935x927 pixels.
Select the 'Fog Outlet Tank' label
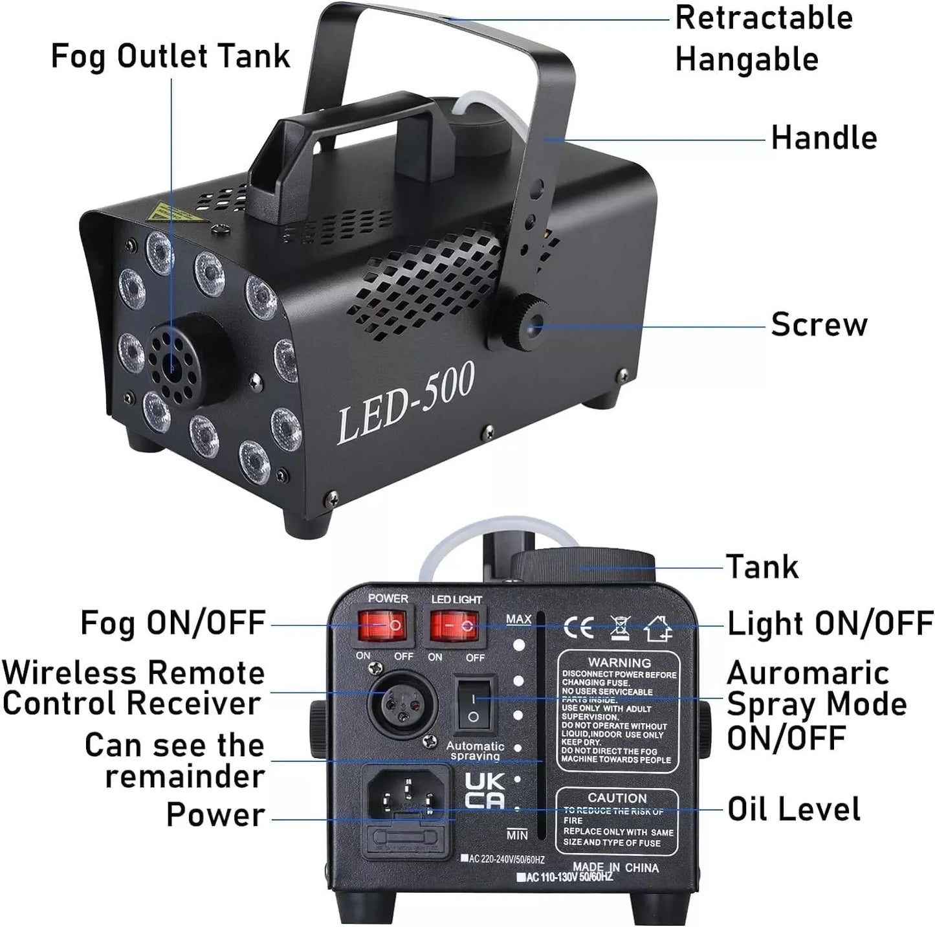(x=170, y=56)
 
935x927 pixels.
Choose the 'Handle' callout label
(x=824, y=138)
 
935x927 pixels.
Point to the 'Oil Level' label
(x=794, y=809)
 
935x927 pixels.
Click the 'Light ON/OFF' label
(x=830, y=624)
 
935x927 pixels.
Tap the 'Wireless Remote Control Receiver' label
(x=133, y=687)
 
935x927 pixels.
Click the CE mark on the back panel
(x=578, y=627)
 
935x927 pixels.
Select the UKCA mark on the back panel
(x=484, y=790)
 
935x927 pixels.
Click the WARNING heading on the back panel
(x=619, y=662)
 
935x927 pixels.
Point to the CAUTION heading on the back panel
(x=617, y=798)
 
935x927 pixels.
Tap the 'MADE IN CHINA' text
(x=615, y=867)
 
